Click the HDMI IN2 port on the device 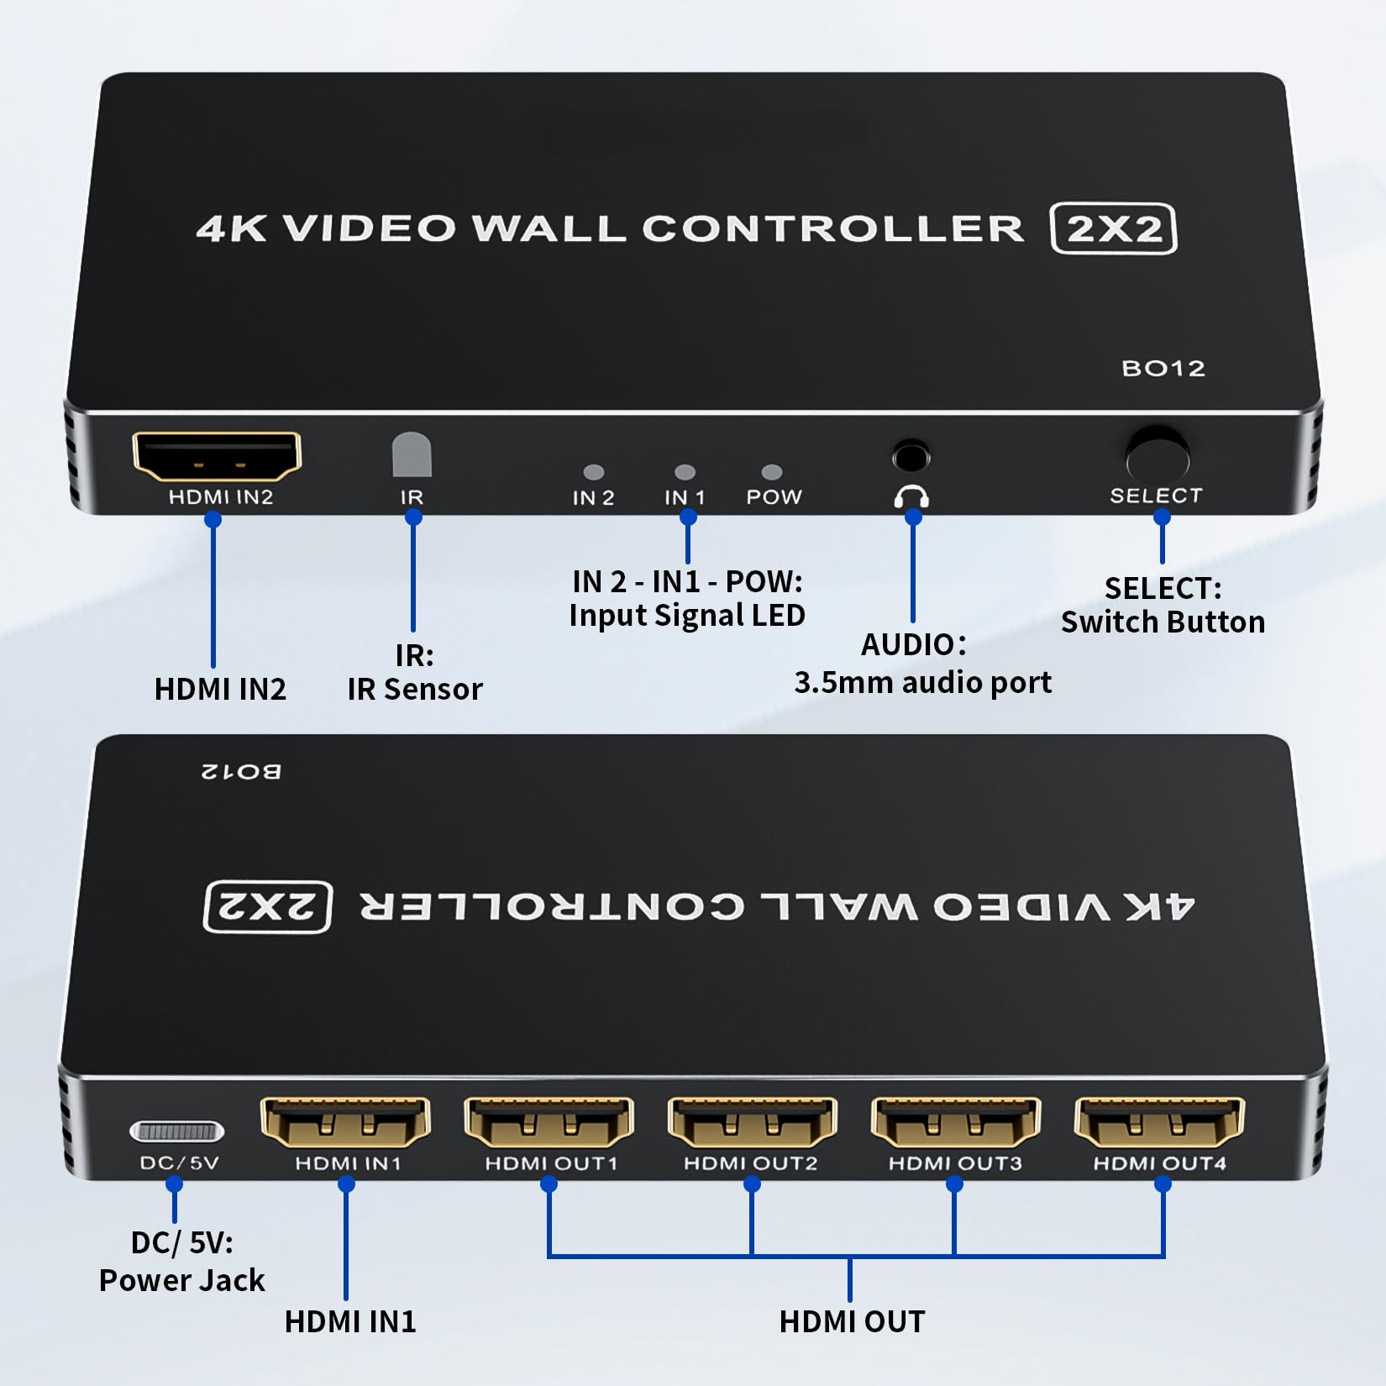[x=217, y=456]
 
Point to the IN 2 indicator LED [x=594, y=472]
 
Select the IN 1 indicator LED [x=685, y=472]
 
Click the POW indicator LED [x=771, y=472]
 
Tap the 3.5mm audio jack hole [x=911, y=458]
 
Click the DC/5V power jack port [x=177, y=1131]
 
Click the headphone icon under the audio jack [x=911, y=496]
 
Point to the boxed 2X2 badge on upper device [x=1114, y=228]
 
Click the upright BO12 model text [x=1163, y=369]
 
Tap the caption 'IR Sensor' [x=415, y=690]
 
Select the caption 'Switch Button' [x=1163, y=622]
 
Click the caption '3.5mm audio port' [x=922, y=683]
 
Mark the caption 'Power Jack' [x=181, y=1281]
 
